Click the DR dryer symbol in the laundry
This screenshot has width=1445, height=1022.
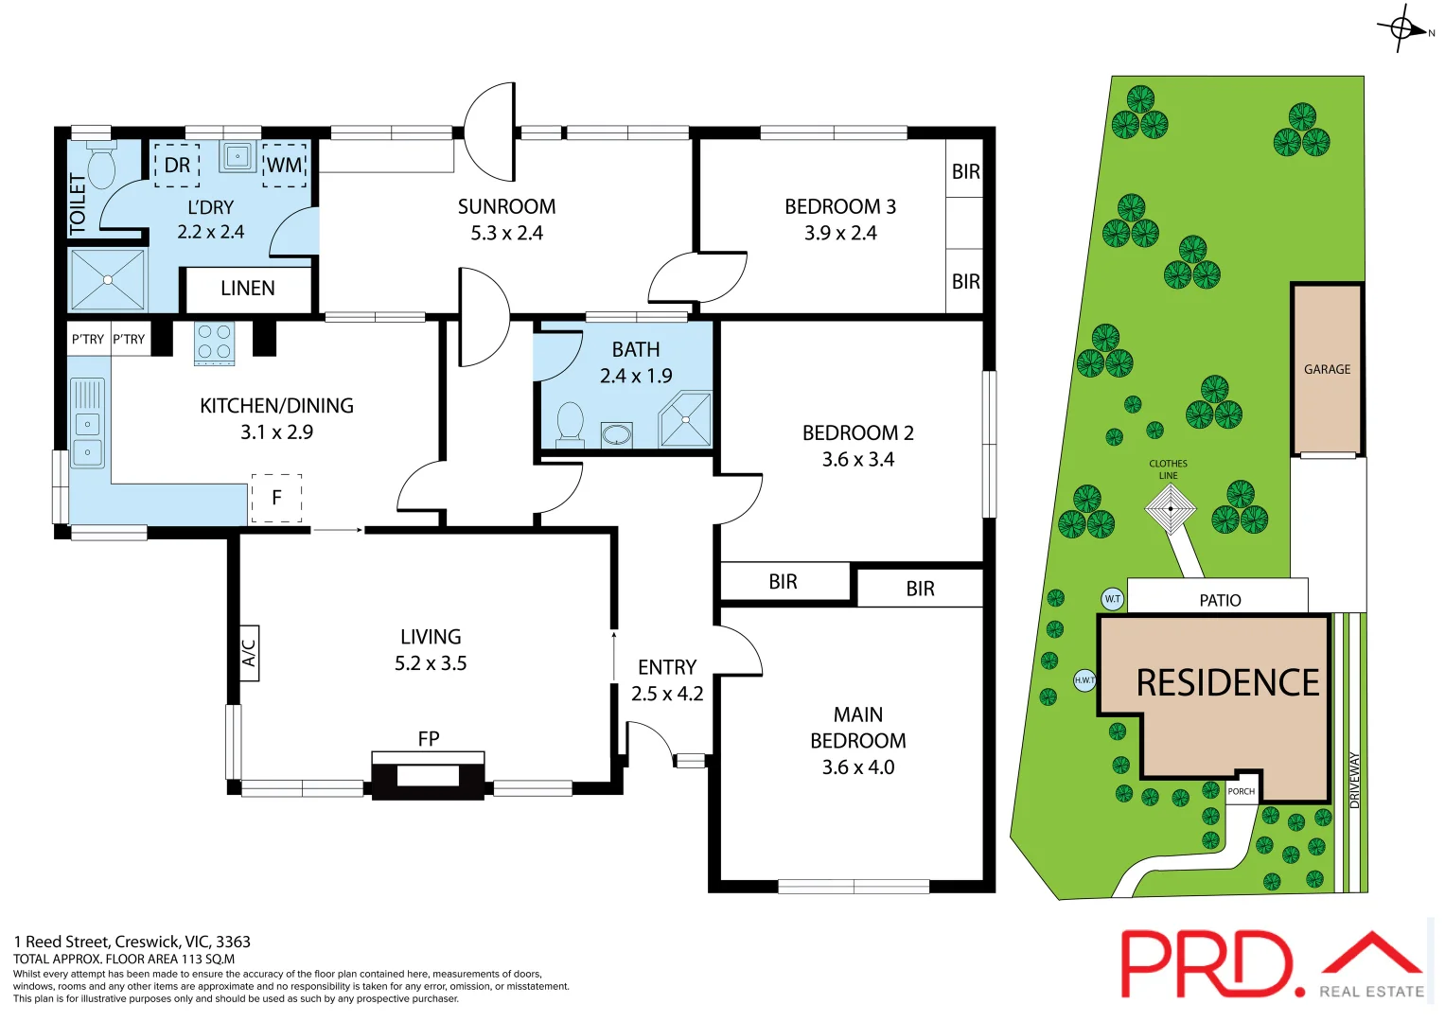pyautogui.click(x=177, y=166)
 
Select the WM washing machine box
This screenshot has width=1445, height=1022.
pyautogui.click(x=284, y=166)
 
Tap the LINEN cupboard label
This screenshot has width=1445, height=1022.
pyautogui.click(x=248, y=289)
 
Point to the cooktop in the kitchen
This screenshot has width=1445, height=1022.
pyautogui.click(x=215, y=344)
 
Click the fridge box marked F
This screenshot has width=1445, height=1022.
pyautogui.click(x=276, y=498)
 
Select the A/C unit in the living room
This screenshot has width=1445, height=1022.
pyautogui.click(x=249, y=653)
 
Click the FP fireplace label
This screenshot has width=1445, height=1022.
pyautogui.click(x=429, y=738)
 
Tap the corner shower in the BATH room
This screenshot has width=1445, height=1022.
pyautogui.click(x=686, y=420)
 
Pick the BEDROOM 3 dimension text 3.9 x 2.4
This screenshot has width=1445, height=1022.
pyautogui.click(x=840, y=233)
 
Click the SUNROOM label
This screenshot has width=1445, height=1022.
pyautogui.click(x=506, y=206)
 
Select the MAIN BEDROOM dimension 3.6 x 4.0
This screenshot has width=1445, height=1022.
pyautogui.click(x=857, y=767)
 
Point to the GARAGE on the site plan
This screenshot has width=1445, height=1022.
pyautogui.click(x=1327, y=369)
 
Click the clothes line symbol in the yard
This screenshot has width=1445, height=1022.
pyautogui.click(x=1171, y=509)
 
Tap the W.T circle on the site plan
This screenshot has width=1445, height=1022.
pyautogui.click(x=1113, y=599)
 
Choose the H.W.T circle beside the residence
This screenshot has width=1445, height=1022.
pyautogui.click(x=1084, y=679)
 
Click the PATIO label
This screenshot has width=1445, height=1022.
pyautogui.click(x=1220, y=600)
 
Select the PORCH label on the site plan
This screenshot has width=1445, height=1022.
pyautogui.click(x=1242, y=791)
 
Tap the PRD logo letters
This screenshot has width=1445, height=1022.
pyautogui.click(x=1207, y=963)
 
